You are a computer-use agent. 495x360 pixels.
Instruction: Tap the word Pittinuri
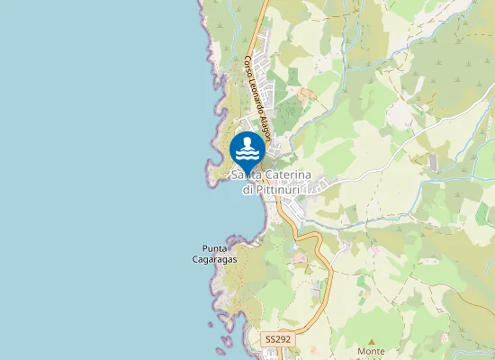click(x=283, y=189)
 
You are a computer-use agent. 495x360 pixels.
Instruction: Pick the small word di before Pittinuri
click(x=247, y=189)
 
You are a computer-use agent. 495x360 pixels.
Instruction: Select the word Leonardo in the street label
click(x=254, y=94)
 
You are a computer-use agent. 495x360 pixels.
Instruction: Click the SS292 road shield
click(x=277, y=339)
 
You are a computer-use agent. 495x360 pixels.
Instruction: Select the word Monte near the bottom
click(x=371, y=351)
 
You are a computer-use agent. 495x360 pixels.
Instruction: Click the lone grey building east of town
click(x=433, y=163)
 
